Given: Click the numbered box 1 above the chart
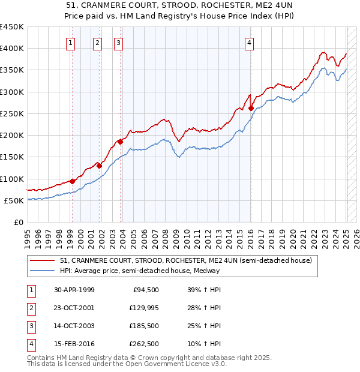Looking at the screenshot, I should click(x=71, y=43).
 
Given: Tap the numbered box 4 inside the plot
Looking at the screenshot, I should click(x=249, y=43).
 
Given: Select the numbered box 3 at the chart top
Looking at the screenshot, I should click(x=119, y=43).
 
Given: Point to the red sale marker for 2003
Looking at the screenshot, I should click(x=120, y=142).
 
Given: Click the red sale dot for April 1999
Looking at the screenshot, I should click(x=72, y=181).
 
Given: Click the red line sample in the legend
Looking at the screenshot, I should click(x=43, y=261).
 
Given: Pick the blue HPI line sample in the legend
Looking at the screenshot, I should click(x=43, y=271).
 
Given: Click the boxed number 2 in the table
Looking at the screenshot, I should click(x=30, y=308).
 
